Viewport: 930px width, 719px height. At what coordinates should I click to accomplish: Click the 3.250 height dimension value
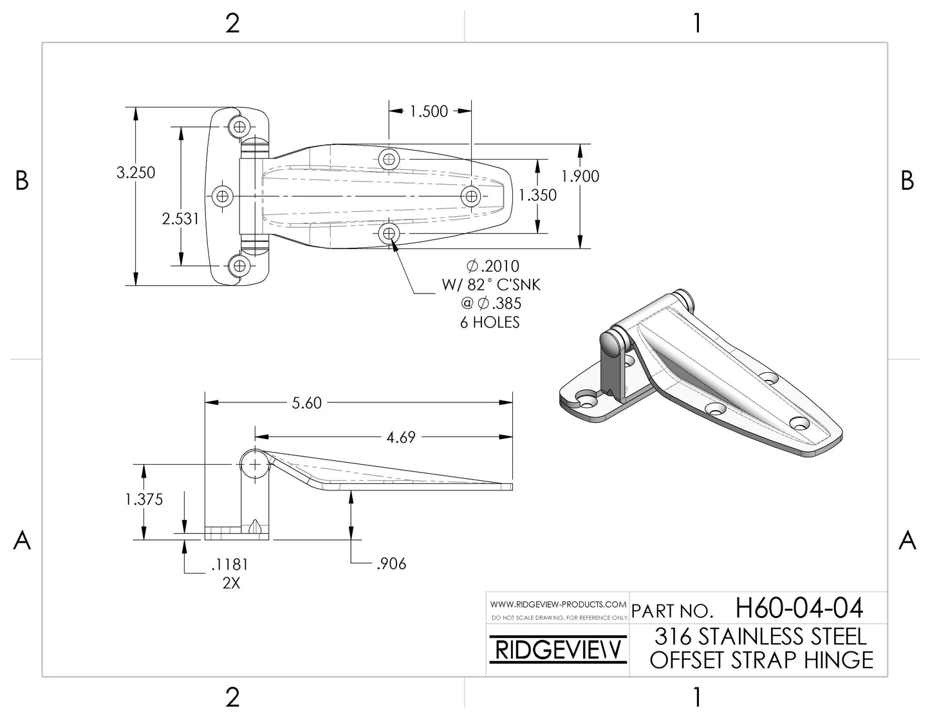click(x=135, y=173)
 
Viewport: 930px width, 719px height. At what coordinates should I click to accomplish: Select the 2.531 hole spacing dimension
click(x=180, y=219)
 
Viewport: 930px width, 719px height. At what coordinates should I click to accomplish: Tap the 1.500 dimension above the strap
click(x=429, y=111)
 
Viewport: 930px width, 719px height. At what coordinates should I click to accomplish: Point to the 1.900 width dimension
click(x=580, y=176)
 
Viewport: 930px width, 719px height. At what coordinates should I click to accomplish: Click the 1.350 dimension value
click(x=537, y=195)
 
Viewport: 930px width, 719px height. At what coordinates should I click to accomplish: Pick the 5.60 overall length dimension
click(x=306, y=403)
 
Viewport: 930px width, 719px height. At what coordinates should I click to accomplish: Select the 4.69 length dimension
click(x=400, y=438)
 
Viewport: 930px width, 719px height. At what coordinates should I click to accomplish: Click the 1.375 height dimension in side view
click(x=145, y=500)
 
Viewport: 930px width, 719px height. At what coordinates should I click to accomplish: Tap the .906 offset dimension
click(x=390, y=564)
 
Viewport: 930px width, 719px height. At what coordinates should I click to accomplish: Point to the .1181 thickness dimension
click(x=229, y=565)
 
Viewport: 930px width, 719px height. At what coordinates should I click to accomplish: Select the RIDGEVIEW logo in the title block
click(x=557, y=649)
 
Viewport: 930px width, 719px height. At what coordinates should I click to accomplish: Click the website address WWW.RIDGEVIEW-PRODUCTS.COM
click(x=558, y=604)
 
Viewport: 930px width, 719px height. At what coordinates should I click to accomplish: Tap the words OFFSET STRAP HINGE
click(x=761, y=660)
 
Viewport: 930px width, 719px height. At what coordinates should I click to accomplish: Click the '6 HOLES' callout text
click(x=489, y=322)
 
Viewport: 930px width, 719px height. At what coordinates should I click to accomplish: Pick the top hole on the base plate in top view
click(x=239, y=126)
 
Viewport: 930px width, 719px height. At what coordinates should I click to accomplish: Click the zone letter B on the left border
click(x=22, y=181)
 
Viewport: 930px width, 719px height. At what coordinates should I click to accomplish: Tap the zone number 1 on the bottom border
click(x=696, y=697)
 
